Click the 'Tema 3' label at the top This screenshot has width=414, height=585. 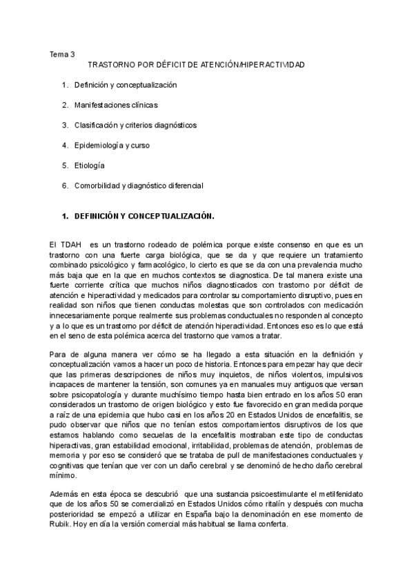(62, 54)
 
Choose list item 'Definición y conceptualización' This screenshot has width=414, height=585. (126, 85)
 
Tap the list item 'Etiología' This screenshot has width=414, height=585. (90, 166)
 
